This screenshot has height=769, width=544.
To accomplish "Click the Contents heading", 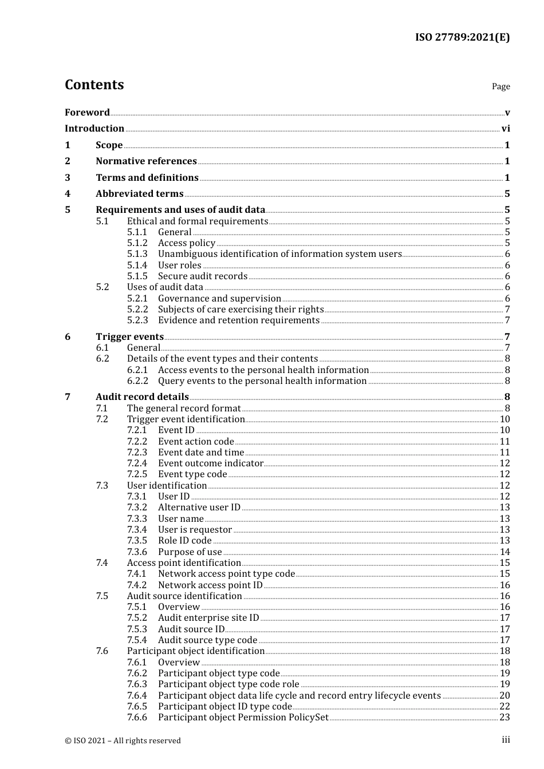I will click(94, 85).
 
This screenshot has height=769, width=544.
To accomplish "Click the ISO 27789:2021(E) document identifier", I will click(462, 37).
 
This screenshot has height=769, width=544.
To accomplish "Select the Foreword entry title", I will click(87, 112).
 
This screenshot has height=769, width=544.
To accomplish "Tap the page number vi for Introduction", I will click(506, 129).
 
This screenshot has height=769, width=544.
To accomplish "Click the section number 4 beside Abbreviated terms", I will click(68, 194).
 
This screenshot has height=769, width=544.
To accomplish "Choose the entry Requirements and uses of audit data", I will click(180, 210).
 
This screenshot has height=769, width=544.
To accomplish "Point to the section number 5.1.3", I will click(137, 254).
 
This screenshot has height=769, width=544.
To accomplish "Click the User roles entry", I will click(180, 265).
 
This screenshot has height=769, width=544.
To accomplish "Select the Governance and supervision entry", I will click(219, 299).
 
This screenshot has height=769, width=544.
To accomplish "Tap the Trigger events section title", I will click(129, 337).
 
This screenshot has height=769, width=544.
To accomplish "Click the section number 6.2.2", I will click(137, 381).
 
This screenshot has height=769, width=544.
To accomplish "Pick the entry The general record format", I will click(184, 409).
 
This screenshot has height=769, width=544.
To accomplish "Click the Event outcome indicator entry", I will click(211, 463).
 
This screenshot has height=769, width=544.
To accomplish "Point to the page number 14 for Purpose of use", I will click(504, 552).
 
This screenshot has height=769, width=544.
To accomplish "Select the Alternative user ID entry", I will click(199, 508).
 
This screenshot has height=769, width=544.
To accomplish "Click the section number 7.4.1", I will click(137, 574).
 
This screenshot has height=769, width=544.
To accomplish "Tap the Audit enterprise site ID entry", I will click(208, 618).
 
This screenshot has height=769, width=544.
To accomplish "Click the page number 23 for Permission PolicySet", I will click(504, 718).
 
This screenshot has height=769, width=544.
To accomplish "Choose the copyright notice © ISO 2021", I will click(123, 740).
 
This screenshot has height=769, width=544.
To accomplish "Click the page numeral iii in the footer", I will click(506, 740).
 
